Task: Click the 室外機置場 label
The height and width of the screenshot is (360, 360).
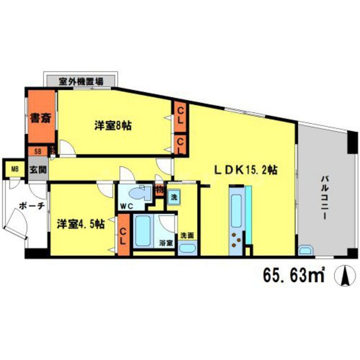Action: click(82, 80)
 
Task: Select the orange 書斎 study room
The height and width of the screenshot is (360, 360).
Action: click(39, 118)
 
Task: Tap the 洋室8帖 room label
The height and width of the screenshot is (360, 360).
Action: click(112, 127)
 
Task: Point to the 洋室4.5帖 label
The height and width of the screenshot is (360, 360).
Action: click(80, 223)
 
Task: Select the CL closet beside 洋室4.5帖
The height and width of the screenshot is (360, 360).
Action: click(122, 236)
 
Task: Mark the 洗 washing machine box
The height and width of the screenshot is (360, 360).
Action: click(174, 198)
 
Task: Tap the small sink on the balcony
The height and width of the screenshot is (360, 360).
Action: click(305, 250)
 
